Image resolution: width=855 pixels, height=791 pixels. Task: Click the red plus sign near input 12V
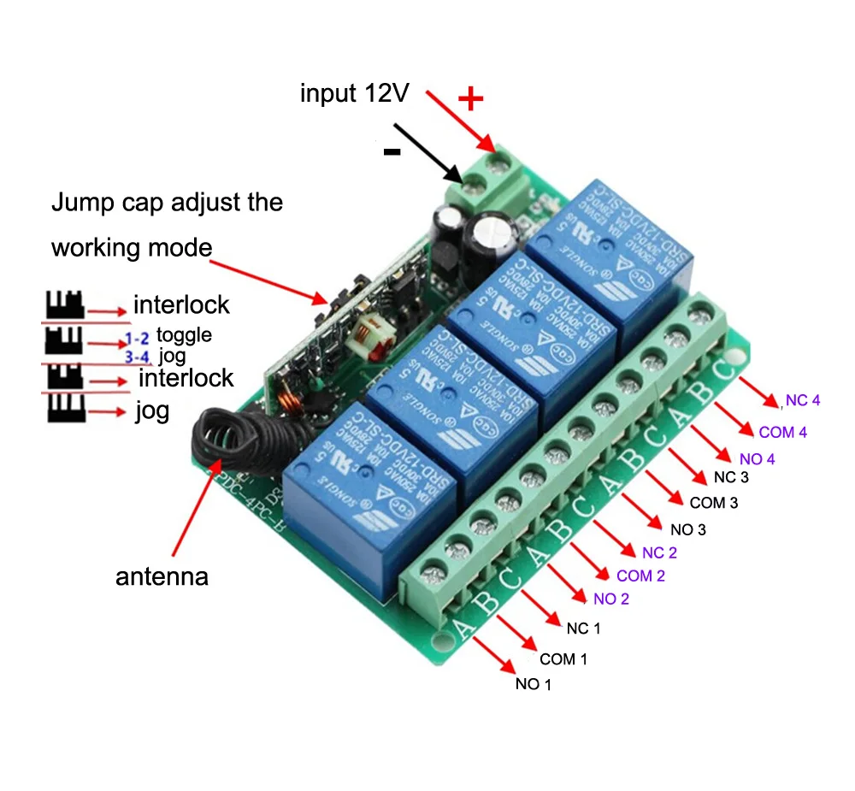coord(470,99)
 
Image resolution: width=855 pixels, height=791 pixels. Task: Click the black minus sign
coord(392,152)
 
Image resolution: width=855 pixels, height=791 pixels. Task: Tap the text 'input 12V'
coord(353,93)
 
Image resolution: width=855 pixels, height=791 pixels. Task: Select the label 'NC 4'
coord(803,400)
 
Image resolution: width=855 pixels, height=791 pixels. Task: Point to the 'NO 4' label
coord(757,459)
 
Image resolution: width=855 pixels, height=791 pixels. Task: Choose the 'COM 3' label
coord(713,502)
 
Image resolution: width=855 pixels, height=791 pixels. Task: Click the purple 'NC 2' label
coord(659,552)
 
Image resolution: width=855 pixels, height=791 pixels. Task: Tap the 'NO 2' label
coord(610,599)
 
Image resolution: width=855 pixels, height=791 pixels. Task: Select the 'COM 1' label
coord(563,659)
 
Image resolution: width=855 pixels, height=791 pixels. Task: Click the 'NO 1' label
coord(534,685)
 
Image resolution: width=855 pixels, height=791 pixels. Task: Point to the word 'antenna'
coord(162,576)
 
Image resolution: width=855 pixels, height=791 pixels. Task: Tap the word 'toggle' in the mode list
coord(184,334)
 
